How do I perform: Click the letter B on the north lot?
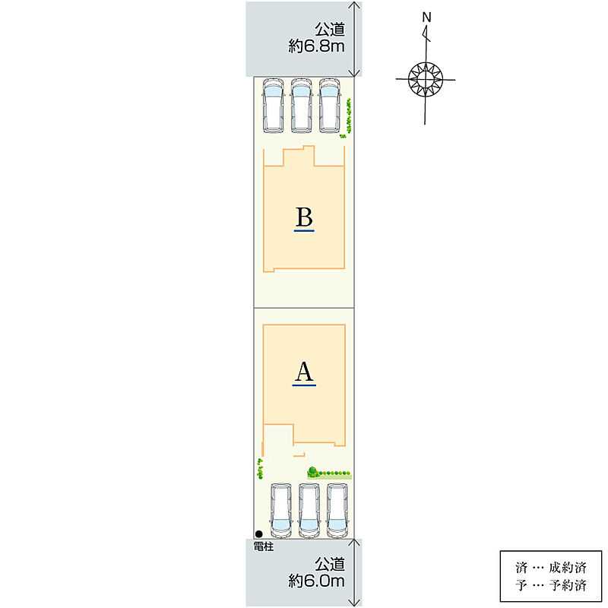coord(304,217)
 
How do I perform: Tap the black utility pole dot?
coord(259,534)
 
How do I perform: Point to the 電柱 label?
coord(264,546)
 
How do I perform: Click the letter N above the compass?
coord(426,17)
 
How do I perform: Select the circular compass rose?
coord(426,79)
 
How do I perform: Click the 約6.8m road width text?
coord(316,46)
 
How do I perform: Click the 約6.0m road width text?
coord(316,581)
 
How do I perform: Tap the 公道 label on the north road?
coord(330,30)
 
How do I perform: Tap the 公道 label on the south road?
coord(330,564)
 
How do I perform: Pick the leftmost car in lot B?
coord(274,106)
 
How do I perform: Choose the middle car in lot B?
coord(302,106)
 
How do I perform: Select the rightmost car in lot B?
coord(330,106)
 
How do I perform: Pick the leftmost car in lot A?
coord(281,510)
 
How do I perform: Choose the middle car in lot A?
coord(309,510)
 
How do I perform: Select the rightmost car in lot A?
coord(337,510)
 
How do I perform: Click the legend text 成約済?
coord(567,568)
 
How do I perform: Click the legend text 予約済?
coord(567,585)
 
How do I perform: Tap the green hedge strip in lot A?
coord(329,473)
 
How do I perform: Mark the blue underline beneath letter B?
coord(304,231)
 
